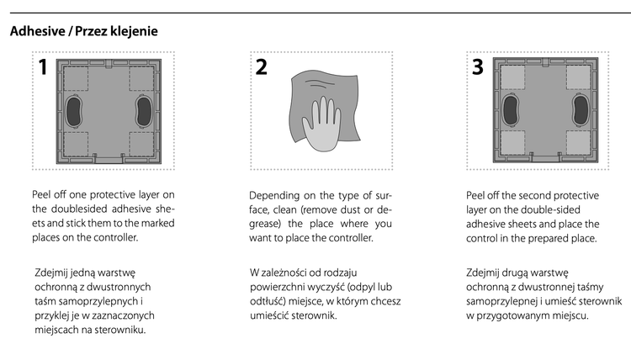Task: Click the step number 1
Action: (43, 67)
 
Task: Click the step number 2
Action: (261, 67)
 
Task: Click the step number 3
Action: (478, 67)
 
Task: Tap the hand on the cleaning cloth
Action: (322, 124)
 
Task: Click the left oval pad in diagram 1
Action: (74, 111)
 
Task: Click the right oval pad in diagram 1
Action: (144, 111)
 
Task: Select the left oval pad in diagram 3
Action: (511, 110)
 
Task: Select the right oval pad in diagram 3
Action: (581, 110)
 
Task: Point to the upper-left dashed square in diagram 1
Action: (76, 78)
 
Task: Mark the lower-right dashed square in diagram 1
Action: (141, 144)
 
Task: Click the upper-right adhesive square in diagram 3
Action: (578, 77)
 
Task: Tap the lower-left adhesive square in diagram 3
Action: (512, 142)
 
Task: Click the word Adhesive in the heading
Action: (38, 31)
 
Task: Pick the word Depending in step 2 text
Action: (274, 196)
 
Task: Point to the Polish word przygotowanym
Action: (512, 315)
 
